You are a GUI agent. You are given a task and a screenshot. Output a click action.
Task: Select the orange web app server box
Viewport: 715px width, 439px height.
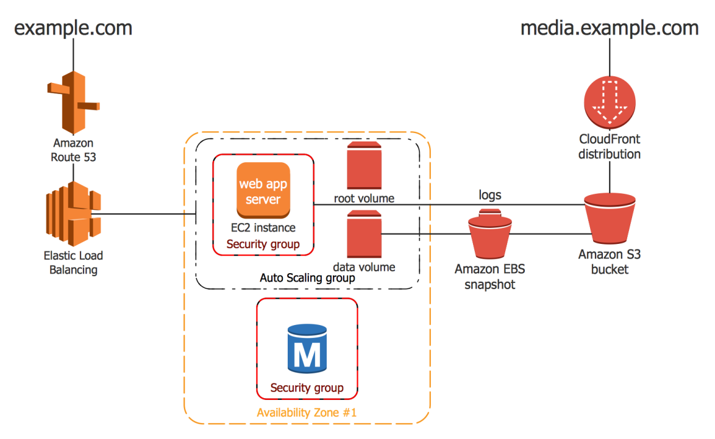click(x=263, y=191)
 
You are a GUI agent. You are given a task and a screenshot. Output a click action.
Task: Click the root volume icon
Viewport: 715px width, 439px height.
click(x=363, y=165)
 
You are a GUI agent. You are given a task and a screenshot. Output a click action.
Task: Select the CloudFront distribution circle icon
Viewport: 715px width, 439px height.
click(x=610, y=100)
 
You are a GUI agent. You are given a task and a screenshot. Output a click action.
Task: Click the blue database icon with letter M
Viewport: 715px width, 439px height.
click(x=307, y=349)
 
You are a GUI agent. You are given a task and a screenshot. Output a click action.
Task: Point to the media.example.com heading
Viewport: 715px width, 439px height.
click(x=609, y=28)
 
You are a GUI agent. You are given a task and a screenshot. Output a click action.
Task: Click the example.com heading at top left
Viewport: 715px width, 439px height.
click(x=73, y=28)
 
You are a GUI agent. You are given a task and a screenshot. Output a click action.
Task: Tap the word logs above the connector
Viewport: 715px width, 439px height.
click(x=490, y=195)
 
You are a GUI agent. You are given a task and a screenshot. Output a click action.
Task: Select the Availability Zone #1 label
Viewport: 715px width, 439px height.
click(x=307, y=413)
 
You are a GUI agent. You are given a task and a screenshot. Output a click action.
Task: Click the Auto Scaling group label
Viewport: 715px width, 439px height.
click(x=307, y=278)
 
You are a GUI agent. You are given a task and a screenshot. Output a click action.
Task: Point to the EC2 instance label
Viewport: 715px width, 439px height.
click(x=263, y=228)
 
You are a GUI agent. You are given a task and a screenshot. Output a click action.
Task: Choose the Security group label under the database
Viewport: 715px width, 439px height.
click(x=307, y=388)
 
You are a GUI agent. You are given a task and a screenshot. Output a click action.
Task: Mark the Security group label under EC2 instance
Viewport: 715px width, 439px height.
click(x=263, y=244)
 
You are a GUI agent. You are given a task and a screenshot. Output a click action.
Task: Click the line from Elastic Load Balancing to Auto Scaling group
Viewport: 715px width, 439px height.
click(x=146, y=214)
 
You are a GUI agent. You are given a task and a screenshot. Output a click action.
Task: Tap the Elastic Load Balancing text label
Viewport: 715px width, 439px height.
click(x=73, y=263)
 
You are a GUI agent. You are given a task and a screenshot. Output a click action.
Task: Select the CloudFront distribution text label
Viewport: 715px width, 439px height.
click(x=610, y=147)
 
